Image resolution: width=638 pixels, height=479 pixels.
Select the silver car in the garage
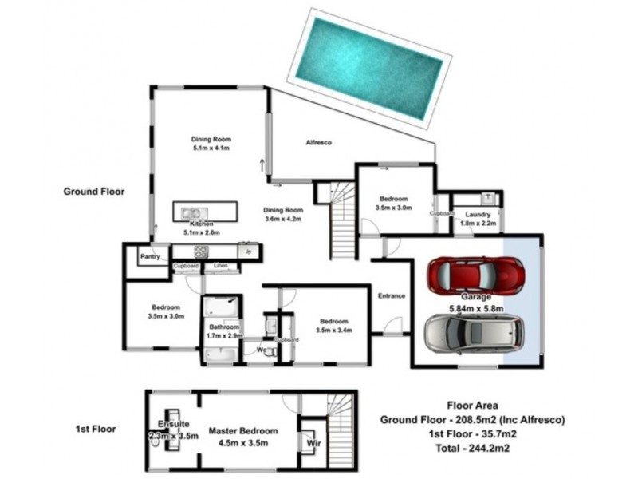click(x=475, y=333)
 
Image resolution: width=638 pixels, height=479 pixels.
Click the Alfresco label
click(x=319, y=142)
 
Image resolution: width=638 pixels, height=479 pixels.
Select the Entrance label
click(x=392, y=295)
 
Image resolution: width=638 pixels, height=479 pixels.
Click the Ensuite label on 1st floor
click(x=172, y=424)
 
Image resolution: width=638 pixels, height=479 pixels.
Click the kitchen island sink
click(x=192, y=213)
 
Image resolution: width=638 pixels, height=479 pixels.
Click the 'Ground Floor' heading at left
click(x=94, y=192)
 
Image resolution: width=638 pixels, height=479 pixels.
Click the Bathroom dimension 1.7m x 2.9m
click(x=224, y=336)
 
